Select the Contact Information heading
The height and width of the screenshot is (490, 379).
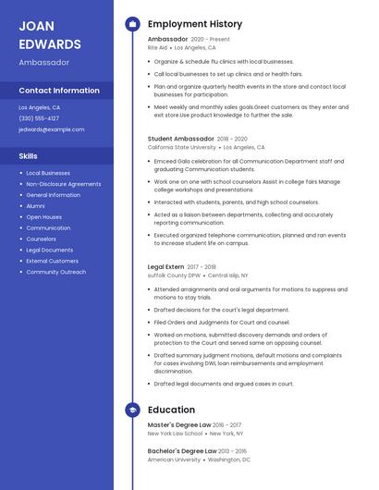tap(59, 91)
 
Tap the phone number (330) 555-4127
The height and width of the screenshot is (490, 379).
tap(39, 118)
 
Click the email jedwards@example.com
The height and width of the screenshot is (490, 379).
tap(52, 129)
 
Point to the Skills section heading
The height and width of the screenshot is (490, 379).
tap(29, 156)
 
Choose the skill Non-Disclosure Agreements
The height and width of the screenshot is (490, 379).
tap(64, 184)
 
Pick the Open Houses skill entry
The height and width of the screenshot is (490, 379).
tap(44, 217)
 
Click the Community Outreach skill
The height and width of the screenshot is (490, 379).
tap(56, 272)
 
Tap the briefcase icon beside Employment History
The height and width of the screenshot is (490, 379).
tap(132, 24)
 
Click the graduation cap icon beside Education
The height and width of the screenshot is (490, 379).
tap(132, 410)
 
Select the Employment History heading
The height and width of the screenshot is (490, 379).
tap(195, 24)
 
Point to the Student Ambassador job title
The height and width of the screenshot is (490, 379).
tap(180, 139)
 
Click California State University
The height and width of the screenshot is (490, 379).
tap(182, 147)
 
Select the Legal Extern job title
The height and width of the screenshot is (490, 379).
tap(166, 266)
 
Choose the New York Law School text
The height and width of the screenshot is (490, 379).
tap(175, 433)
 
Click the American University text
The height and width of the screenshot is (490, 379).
tap(174, 459)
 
